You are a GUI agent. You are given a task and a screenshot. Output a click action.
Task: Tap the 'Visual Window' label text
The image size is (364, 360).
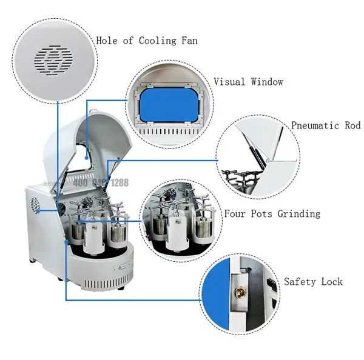click(248, 81)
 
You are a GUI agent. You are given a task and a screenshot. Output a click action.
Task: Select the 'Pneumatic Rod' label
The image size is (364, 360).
click(326, 126)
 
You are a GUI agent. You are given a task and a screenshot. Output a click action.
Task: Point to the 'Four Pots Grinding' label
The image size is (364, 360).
click(272, 214)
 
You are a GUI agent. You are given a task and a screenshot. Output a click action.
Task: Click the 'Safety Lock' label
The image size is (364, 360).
click(313, 282)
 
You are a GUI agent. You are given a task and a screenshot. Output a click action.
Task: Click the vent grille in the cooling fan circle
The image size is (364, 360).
click(54, 58)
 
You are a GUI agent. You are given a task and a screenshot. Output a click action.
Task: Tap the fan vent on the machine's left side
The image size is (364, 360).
click(36, 205)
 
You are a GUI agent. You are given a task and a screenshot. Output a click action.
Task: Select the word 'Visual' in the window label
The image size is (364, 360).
click(229, 81)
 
